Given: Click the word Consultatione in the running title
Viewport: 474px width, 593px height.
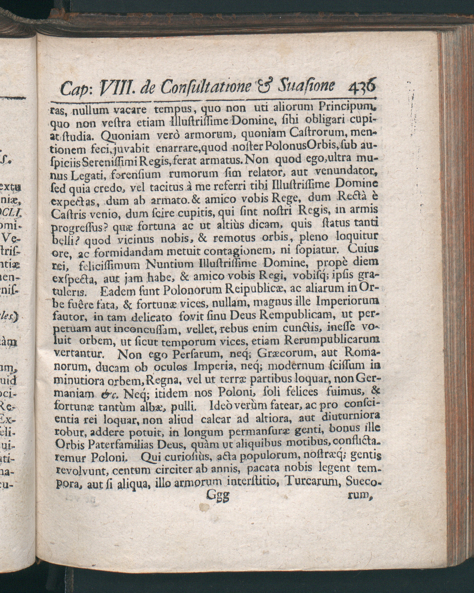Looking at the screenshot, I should click(x=206, y=87).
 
